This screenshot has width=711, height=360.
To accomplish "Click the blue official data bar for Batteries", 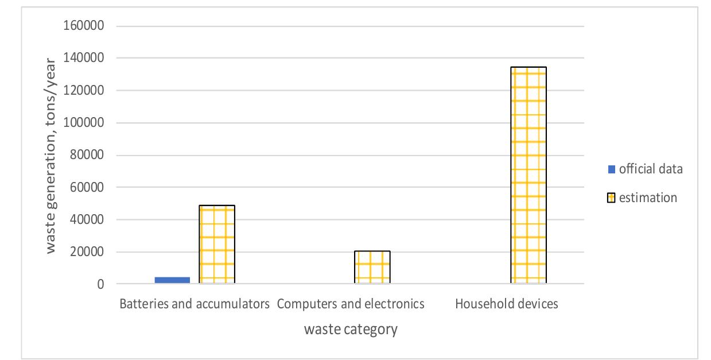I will pos(172,280).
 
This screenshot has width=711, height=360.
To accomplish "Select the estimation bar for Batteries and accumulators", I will pos(217,245).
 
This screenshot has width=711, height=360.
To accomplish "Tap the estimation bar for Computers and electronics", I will pos(372,268).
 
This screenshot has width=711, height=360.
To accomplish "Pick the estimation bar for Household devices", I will pos(528,176).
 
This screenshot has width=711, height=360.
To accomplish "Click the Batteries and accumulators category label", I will pos(195,304).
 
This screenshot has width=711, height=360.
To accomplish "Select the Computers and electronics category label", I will pos(351,304).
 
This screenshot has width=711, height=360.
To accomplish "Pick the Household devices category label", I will pos(507,304).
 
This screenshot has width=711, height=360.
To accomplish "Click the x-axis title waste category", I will pos(351,331).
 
